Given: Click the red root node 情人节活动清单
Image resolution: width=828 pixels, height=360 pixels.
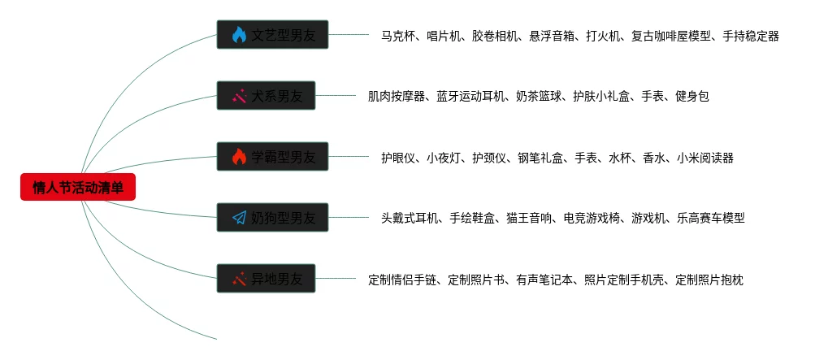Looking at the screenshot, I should coord(78,188).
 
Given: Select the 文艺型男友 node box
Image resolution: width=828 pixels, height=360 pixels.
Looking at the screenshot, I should coord(272,35).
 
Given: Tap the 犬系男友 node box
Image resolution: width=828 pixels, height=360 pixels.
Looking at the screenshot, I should coord(266,96).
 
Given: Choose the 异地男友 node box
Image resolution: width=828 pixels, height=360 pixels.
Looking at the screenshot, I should coord(266,279).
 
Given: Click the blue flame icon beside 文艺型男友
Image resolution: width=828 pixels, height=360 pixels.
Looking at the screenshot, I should coord(239,35).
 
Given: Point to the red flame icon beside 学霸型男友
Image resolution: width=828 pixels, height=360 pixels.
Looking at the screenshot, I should coord(239,157).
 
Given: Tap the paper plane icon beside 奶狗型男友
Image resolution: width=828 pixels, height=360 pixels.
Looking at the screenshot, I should coord(239,218).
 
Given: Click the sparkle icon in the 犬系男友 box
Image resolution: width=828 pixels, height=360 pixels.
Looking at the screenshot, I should coord(239,96).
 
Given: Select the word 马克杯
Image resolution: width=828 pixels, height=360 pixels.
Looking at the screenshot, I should coord(397,36).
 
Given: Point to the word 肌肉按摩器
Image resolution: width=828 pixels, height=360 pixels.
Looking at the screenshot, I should coord(397,97).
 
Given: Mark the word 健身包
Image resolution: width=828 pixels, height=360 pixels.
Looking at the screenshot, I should coord(692,97).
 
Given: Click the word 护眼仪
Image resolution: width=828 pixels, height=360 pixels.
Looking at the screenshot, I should coord(397,158).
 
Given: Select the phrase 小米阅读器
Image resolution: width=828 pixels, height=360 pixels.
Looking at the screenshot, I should coord(704,158).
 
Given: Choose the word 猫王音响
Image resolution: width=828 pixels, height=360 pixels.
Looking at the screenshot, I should coord(528,218).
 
